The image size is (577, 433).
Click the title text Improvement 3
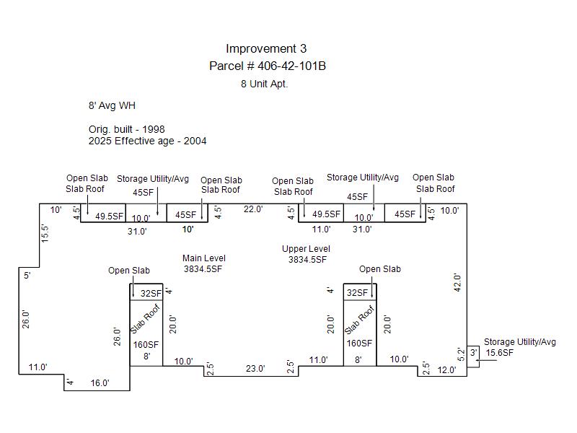[266, 48]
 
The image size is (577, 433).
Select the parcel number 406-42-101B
[291, 66]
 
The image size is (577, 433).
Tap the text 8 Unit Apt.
[264, 84]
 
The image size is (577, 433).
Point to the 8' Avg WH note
[112, 105]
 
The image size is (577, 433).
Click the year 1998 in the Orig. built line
[154, 129]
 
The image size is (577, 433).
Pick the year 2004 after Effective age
[195, 141]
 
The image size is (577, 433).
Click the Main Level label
[204, 258]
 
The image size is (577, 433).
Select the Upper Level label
[306, 249]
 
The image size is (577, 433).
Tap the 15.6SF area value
[499, 353]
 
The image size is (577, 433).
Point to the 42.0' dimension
[457, 282]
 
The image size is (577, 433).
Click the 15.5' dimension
[45, 233]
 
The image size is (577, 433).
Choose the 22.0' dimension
[253, 209]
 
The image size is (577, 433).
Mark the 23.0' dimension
[255, 369]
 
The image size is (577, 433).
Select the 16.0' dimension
[100, 383]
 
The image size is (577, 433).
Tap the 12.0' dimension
[446, 370]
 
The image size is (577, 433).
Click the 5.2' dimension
[461, 354]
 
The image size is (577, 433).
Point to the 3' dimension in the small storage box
[474, 352]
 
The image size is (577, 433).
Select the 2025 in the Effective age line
[100, 141]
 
